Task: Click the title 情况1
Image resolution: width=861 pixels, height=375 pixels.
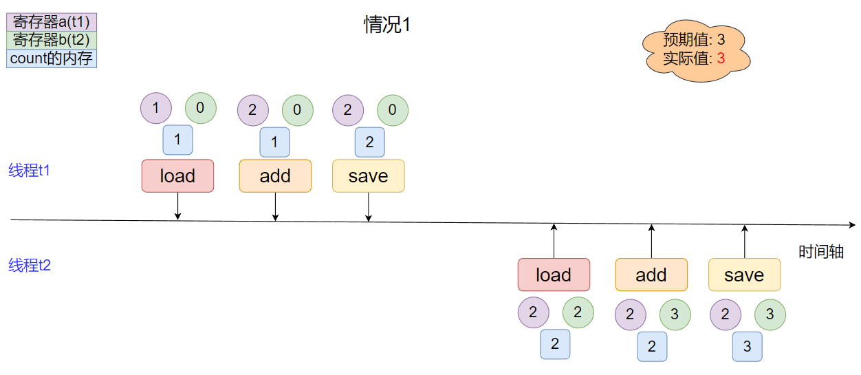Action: (x=387, y=25)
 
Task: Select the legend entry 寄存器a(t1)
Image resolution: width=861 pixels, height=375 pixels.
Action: (x=52, y=22)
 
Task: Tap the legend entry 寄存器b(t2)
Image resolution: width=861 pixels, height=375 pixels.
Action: (x=52, y=40)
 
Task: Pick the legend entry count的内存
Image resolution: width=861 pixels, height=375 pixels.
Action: (x=52, y=58)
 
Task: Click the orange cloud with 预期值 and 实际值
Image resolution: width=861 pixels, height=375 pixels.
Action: (x=695, y=50)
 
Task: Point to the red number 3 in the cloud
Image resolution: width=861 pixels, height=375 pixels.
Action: (x=721, y=58)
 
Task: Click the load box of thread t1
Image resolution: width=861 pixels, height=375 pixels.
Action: (x=177, y=176)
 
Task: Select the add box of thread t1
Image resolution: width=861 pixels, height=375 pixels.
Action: (x=275, y=176)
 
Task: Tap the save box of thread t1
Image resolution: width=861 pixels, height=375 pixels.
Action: (x=369, y=176)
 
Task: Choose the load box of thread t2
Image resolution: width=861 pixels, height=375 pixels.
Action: (x=554, y=275)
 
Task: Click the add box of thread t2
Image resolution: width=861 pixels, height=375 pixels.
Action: (x=651, y=275)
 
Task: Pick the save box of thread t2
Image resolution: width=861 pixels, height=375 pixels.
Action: (x=744, y=275)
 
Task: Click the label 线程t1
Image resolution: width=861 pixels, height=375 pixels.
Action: (x=30, y=171)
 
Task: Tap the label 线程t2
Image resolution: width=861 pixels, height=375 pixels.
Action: (x=30, y=266)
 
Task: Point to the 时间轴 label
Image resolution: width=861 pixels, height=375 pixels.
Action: (x=821, y=252)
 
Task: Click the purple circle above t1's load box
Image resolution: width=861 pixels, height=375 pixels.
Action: (x=156, y=108)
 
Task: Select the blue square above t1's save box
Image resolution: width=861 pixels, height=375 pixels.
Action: (x=369, y=142)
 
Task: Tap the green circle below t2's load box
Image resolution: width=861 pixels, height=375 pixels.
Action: (x=578, y=313)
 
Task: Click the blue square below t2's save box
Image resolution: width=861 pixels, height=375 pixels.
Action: (x=748, y=346)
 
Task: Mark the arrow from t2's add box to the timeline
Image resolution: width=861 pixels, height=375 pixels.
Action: (x=651, y=241)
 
